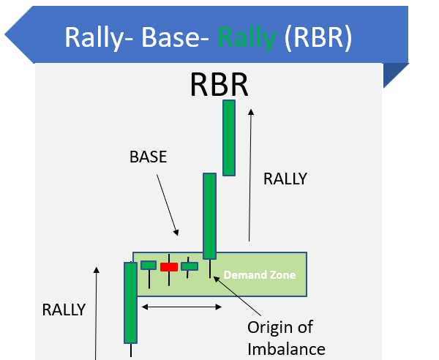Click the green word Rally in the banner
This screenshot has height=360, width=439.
(247, 38)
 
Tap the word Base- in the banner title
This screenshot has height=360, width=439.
(175, 37)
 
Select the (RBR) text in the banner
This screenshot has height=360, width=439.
(318, 38)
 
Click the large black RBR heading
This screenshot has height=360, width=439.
(219, 84)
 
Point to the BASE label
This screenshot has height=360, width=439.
(148, 157)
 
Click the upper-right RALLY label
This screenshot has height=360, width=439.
(285, 179)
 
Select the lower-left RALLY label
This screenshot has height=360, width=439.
(64, 310)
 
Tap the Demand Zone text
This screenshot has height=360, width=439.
(260, 275)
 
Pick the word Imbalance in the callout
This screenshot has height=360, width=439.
(286, 349)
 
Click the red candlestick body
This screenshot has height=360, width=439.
(169, 267)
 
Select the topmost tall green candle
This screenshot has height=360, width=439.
(229, 138)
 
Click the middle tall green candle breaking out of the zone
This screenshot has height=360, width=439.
(209, 216)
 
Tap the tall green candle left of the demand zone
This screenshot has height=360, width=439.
(130, 303)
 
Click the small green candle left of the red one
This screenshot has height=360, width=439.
(149, 265)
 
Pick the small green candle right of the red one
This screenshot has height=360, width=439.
(190, 266)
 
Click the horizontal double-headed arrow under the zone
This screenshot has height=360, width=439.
(181, 307)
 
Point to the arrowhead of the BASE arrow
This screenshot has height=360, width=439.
(176, 233)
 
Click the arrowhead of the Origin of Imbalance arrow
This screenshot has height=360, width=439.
(217, 279)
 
